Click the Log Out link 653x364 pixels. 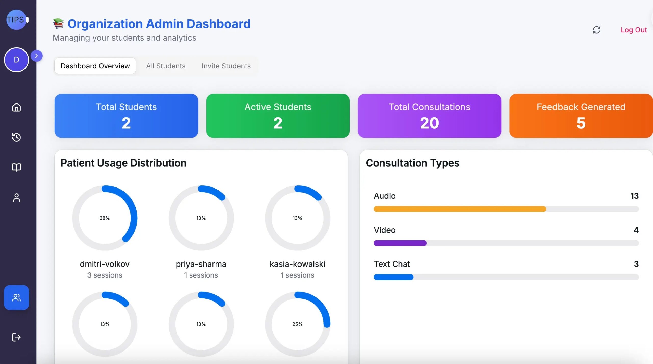pyautogui.click(x=633, y=30)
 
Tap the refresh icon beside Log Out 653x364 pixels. pyautogui.click(x=596, y=30)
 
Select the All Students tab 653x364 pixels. pyautogui.click(x=166, y=66)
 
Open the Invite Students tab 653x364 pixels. pyautogui.click(x=226, y=66)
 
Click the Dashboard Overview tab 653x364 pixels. pyautogui.click(x=95, y=66)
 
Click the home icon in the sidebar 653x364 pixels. pyautogui.click(x=17, y=107)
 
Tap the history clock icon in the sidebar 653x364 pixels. pyautogui.click(x=17, y=137)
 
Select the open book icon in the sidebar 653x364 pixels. pyautogui.click(x=17, y=167)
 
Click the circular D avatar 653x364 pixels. pyautogui.click(x=17, y=60)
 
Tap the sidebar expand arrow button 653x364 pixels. pyautogui.click(x=36, y=56)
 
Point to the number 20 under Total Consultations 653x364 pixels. pyautogui.click(x=429, y=123)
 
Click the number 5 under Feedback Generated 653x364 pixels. pyautogui.click(x=581, y=123)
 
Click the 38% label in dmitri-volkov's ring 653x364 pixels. pyautogui.click(x=105, y=218)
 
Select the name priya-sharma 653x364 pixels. pyautogui.click(x=201, y=264)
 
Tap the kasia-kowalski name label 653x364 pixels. pyautogui.click(x=297, y=264)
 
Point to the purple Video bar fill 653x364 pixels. pyautogui.click(x=400, y=243)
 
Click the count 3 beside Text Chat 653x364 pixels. pyautogui.click(x=636, y=264)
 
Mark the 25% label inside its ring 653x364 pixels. pyautogui.click(x=297, y=324)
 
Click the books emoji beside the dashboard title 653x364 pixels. pyautogui.click(x=58, y=23)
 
